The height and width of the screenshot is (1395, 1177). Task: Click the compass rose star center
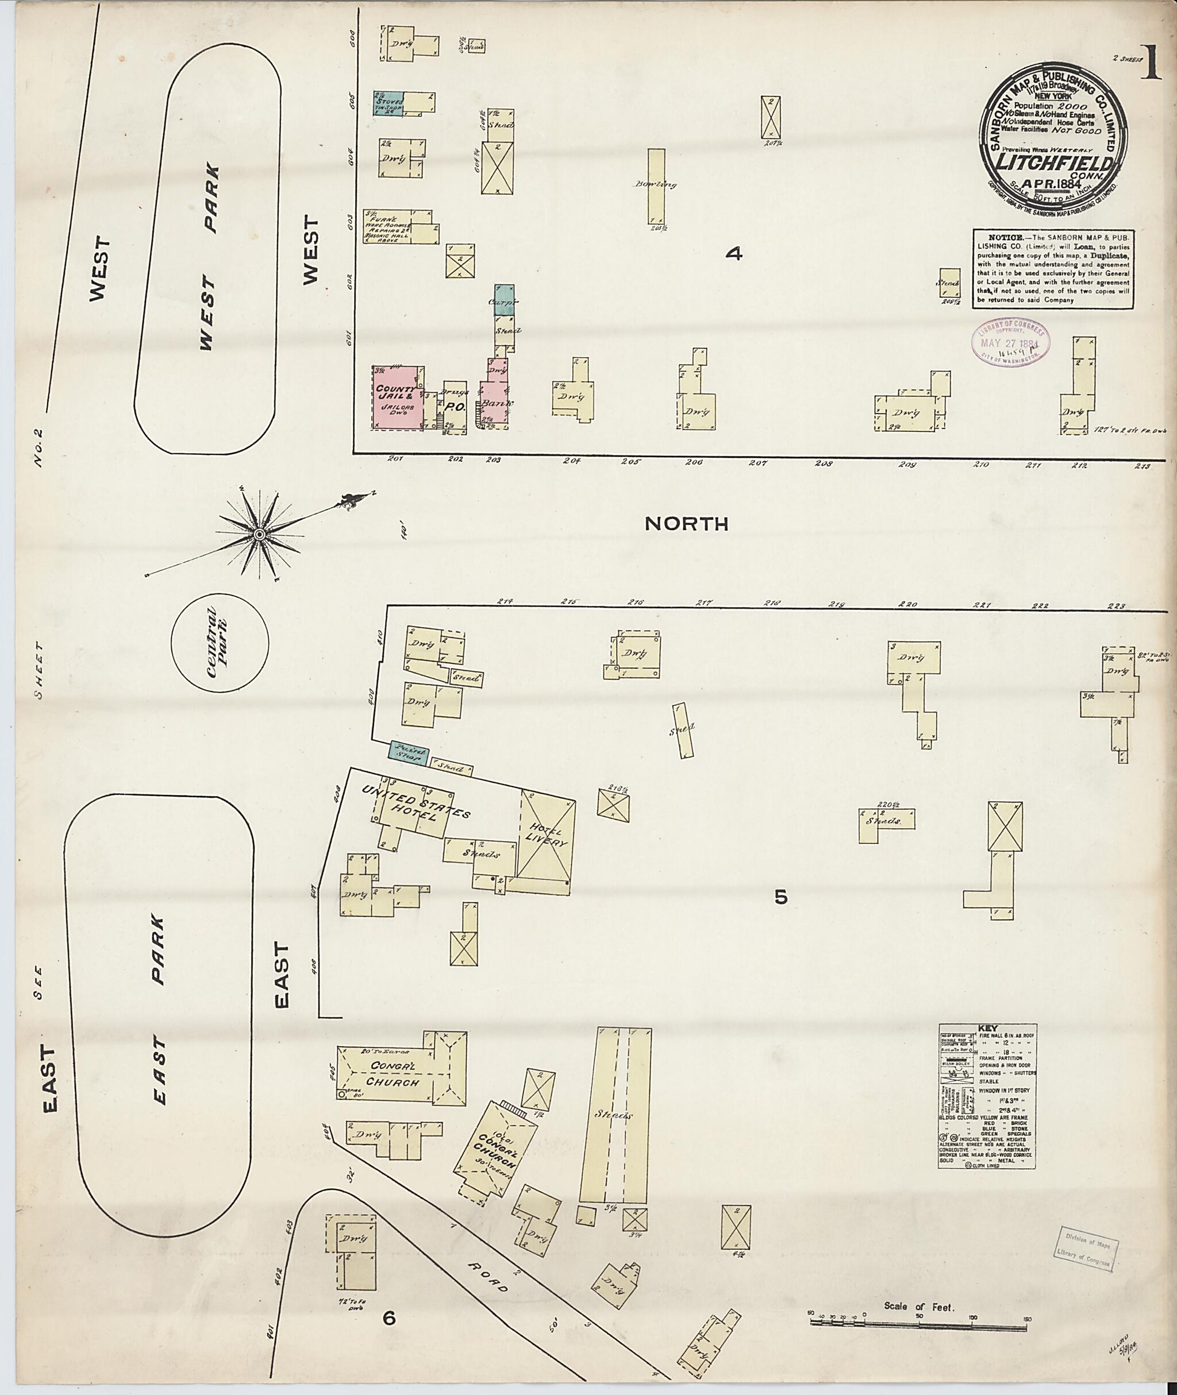click(258, 534)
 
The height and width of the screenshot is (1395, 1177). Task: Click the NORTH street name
click(687, 524)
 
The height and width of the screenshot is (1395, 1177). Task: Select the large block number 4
click(734, 254)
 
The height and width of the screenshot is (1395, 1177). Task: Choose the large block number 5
click(780, 898)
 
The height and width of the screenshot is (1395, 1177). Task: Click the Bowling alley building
click(656, 186)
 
